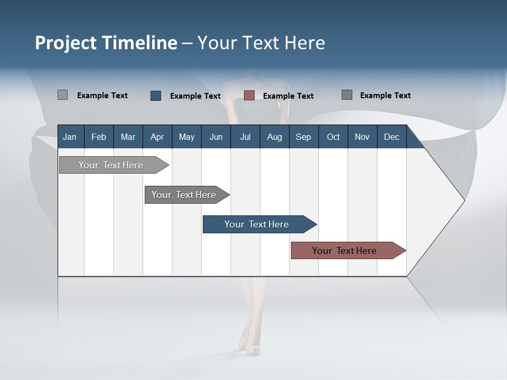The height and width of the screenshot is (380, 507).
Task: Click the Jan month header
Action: [x=70, y=137]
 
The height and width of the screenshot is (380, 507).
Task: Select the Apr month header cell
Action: [x=157, y=137]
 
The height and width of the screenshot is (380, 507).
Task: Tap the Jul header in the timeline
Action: [x=245, y=137]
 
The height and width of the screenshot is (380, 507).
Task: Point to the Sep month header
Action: [x=303, y=137]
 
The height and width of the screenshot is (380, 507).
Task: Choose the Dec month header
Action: [x=391, y=137]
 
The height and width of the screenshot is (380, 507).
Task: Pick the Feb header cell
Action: [x=99, y=137]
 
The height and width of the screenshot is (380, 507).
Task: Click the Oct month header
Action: [x=333, y=137]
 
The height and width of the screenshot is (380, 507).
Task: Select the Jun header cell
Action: [x=216, y=137]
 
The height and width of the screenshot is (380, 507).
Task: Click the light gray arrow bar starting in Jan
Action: [x=111, y=165]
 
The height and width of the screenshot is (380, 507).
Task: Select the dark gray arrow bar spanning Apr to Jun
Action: [x=184, y=195]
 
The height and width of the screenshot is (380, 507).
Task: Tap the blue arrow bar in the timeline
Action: [x=257, y=224]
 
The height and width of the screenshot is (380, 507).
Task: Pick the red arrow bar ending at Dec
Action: [x=345, y=251]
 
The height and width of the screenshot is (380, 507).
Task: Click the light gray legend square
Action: [x=62, y=95]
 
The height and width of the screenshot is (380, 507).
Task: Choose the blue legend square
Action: [x=156, y=96]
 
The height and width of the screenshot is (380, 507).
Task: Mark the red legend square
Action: [x=249, y=96]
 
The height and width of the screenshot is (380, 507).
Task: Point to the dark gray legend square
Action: [x=347, y=95]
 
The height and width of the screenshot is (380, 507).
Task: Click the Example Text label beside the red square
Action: [x=288, y=96]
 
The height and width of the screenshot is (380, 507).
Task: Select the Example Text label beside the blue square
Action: [x=195, y=96]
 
